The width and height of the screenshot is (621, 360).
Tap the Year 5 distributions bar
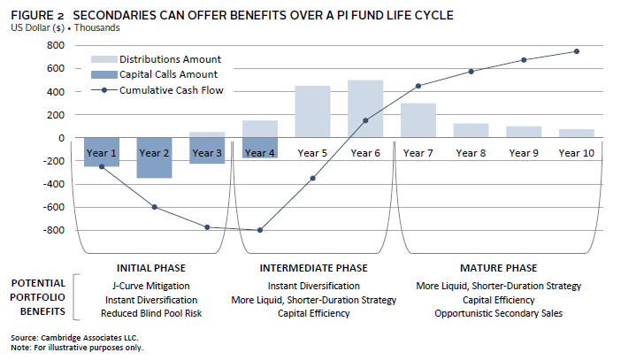tap(312, 111)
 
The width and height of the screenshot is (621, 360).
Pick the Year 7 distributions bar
tap(418, 120)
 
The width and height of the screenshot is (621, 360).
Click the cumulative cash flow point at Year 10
tap(576, 51)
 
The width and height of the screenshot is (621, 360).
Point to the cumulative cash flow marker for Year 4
tap(260, 230)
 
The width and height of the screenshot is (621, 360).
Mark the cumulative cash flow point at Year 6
tap(365, 120)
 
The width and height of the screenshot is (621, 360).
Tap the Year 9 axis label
tap(523, 153)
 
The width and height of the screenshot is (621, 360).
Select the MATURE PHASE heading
tap(499, 268)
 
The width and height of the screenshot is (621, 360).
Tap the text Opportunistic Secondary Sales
tap(499, 313)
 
